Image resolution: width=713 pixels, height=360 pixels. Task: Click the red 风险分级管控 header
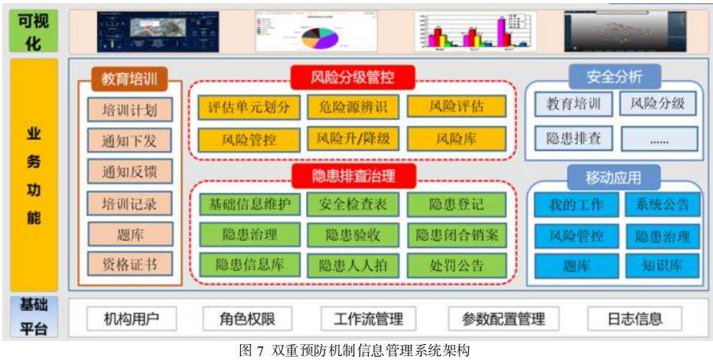(x=352, y=77)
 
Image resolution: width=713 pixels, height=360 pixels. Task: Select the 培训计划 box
(x=130, y=110)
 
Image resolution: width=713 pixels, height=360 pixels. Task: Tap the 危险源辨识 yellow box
(x=353, y=106)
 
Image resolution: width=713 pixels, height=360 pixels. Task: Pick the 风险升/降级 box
(x=353, y=139)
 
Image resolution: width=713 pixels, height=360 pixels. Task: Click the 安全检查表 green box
(x=353, y=204)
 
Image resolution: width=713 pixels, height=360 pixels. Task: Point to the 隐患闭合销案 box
(x=456, y=235)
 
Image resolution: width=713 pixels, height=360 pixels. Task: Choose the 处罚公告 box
(x=456, y=265)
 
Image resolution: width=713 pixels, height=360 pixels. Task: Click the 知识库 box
(x=661, y=265)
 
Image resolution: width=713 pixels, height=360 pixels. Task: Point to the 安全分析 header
(x=614, y=76)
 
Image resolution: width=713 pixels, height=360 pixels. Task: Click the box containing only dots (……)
(x=660, y=139)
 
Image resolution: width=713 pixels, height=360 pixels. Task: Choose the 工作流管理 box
(x=368, y=319)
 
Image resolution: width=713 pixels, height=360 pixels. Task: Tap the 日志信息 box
(x=635, y=319)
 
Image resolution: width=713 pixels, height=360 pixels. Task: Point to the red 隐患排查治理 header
(x=352, y=174)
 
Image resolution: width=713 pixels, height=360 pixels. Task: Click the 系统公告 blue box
(x=661, y=205)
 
